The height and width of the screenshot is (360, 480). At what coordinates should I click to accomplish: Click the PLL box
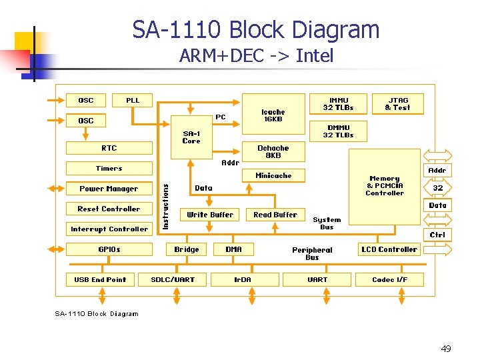133,101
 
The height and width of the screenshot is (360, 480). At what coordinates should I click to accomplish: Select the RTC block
109,148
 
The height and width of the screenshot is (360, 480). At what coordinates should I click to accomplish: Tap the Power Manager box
109,189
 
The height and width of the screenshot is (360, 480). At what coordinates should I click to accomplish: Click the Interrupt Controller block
109,229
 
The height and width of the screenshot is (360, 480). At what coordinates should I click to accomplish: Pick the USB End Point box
100,279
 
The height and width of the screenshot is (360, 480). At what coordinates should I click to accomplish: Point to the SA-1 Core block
191,137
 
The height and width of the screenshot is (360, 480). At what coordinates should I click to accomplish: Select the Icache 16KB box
273,115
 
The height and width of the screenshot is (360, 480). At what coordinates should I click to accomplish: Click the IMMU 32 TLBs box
338,104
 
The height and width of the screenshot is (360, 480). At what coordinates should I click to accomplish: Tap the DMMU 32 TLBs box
338,131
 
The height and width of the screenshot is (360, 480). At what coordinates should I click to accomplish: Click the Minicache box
273,176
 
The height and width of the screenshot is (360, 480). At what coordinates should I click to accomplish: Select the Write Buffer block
210,215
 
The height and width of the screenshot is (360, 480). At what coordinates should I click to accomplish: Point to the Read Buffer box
275,215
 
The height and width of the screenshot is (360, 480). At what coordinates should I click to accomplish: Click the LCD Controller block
389,250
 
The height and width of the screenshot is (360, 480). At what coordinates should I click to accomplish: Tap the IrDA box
243,279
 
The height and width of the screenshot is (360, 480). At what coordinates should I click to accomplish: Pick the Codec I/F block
389,279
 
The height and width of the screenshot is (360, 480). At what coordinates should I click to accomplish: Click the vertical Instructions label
167,197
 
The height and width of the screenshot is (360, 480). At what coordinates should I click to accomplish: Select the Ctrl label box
437,235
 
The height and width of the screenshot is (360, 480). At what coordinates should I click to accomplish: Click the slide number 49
446,349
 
